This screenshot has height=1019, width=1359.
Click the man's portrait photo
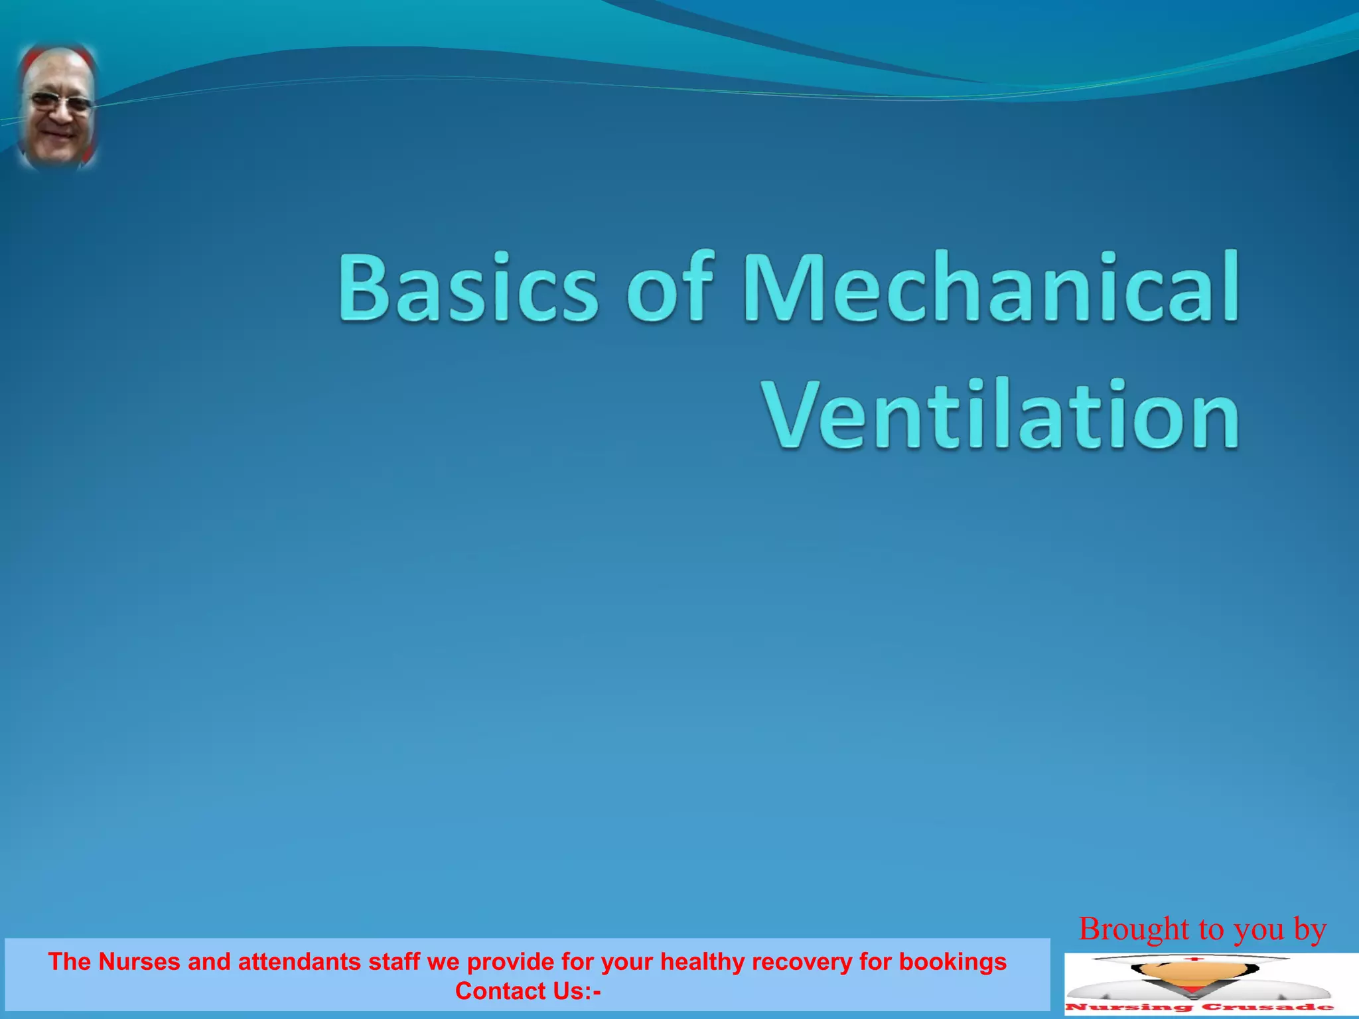point(58,106)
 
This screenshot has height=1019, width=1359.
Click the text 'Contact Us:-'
point(528,991)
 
